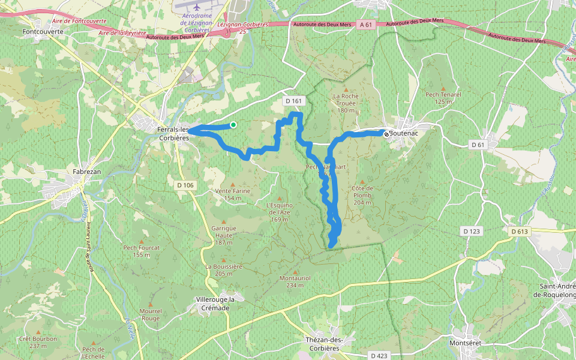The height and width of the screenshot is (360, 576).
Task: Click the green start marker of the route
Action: coord(233,125)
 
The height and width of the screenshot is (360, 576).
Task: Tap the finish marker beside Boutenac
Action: coord(386,134)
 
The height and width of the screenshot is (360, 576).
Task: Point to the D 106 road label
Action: coord(185,185)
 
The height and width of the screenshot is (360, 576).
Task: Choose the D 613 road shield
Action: coord(520,231)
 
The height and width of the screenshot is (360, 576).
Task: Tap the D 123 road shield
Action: coord(472,231)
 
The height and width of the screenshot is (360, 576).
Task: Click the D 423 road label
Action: coord(379,356)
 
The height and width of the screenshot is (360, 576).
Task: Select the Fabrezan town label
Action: coord(86,172)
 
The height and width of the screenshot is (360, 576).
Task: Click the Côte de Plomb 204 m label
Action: coord(362,195)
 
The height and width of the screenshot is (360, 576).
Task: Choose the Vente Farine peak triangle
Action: coord(233,184)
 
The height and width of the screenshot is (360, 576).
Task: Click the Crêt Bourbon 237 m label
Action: coord(38,342)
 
